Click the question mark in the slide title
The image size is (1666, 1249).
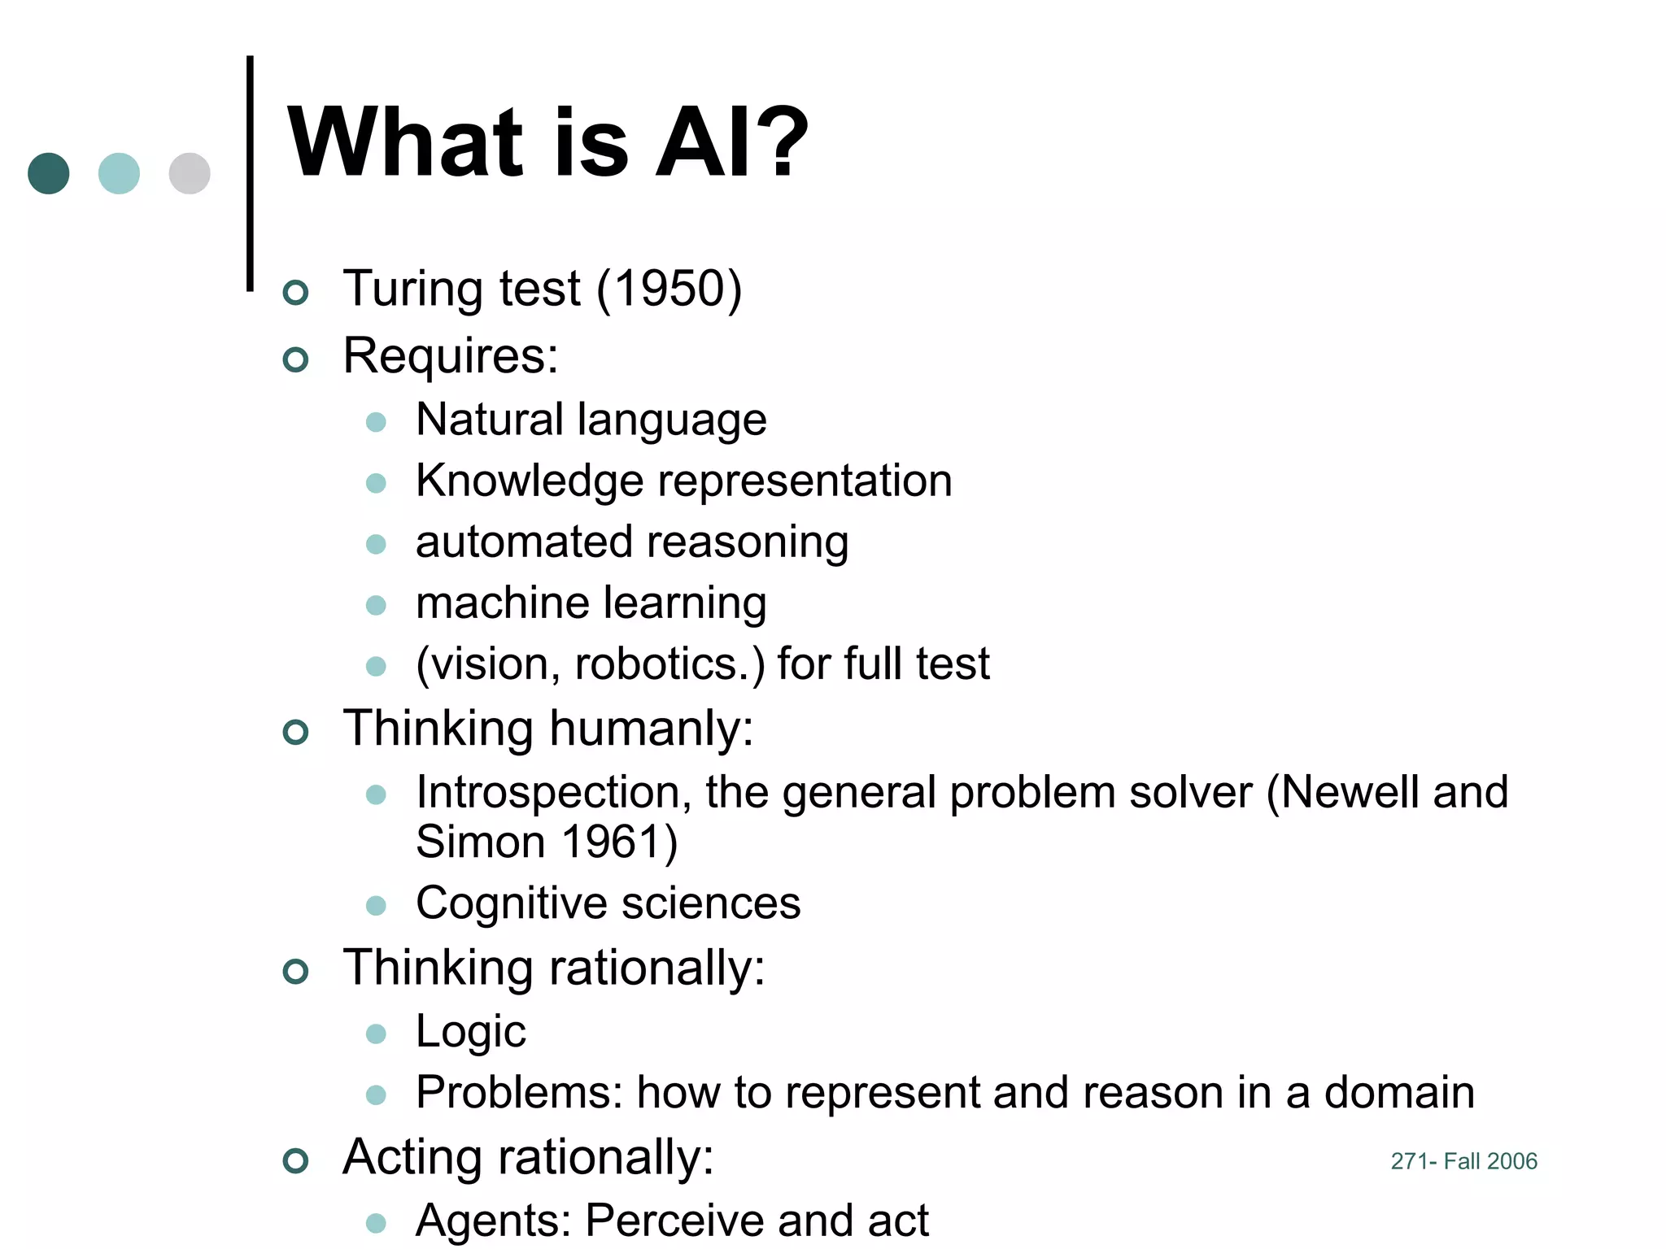coord(778,142)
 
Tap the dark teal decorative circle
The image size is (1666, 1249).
coord(49,173)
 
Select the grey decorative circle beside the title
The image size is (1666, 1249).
coord(190,173)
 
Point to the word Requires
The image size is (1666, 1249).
coord(450,356)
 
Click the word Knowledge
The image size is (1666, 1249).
coord(530,481)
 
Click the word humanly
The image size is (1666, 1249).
coord(651,728)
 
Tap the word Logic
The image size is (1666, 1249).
coord(470,1033)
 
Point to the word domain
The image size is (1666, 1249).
coord(1399,1092)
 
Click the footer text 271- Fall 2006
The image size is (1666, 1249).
coord(1463,1161)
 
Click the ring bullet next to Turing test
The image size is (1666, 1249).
coord(296,292)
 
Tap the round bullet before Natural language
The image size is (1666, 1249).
coord(376,422)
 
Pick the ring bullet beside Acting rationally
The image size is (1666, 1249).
coord(296,1160)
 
